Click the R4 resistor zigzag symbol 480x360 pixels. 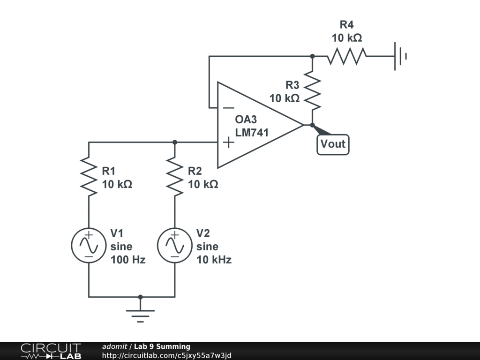pos(347,56)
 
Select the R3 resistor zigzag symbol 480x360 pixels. pos(312,90)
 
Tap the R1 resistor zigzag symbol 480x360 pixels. pos(89,177)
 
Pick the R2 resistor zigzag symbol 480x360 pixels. pos(175,177)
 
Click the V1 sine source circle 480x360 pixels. pos(89,246)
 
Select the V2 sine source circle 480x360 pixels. pos(175,246)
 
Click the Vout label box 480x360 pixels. pos(333,144)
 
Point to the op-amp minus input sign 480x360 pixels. pos(229,108)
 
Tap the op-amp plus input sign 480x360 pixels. pos(229,142)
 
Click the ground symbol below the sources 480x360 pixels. pos(140,316)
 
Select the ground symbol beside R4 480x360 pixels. pos(400,56)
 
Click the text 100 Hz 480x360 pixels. pos(128,260)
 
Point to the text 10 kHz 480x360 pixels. pos(214,260)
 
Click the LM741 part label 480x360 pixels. pos(252,133)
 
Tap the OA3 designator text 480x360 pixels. pos(246,119)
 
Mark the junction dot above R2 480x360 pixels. pos(175,142)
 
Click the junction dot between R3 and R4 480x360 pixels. pos(312,56)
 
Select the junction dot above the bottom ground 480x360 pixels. pos(140,297)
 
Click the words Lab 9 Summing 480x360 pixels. pos(162,346)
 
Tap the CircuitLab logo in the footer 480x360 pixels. pos(51,351)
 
